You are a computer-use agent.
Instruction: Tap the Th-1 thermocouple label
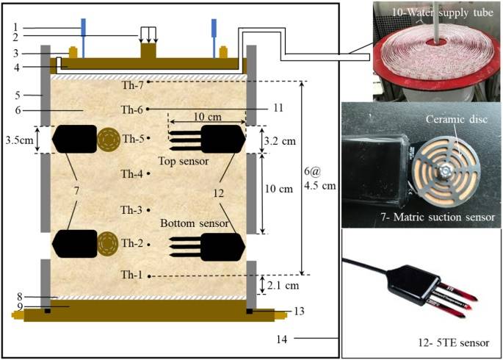click(x=131, y=276)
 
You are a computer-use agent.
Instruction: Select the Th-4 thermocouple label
click(x=131, y=174)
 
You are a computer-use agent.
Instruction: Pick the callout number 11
click(x=278, y=107)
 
